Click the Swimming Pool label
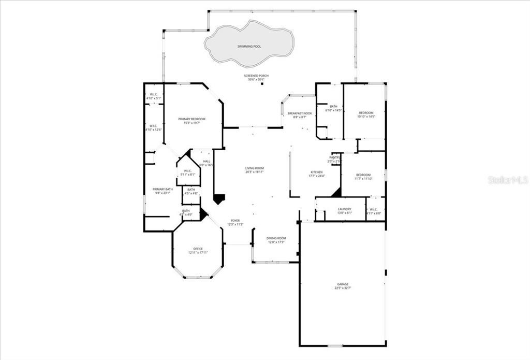[249, 47]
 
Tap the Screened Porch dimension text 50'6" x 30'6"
[256, 80]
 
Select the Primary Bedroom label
[192, 119]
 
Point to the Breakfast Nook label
[300, 113]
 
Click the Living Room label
[255, 168]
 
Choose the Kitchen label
[316, 172]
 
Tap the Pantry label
[334, 157]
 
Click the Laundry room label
[344, 209]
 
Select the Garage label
[343, 284]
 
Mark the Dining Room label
[276, 238]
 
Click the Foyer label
[235, 220]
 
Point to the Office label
[198, 249]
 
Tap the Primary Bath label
[163, 189]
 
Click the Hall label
[207, 161]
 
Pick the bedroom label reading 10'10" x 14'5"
[366, 112]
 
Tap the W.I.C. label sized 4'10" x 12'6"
[153, 126]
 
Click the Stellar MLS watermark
[508, 180]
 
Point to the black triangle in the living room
[220, 199]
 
